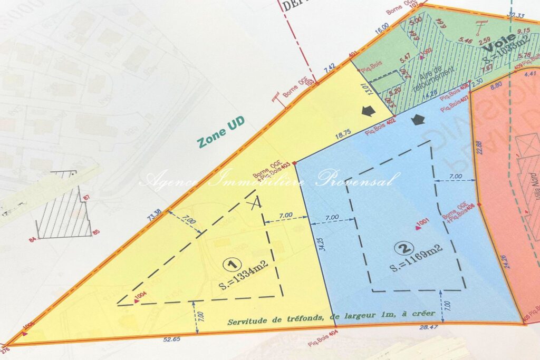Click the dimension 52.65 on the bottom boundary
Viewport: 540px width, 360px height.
[172, 339]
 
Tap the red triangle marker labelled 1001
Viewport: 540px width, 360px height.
[418, 227]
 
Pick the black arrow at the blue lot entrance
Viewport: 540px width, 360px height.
[418, 120]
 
